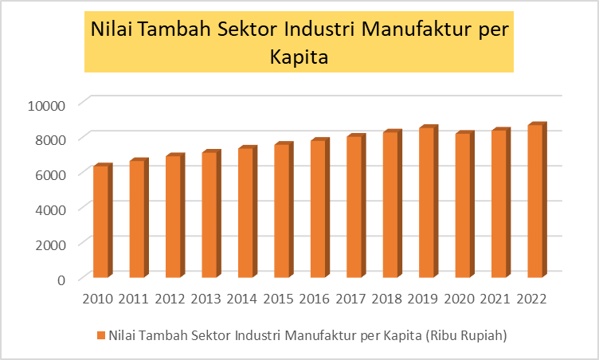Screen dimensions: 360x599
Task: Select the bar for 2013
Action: pyautogui.click(x=209, y=215)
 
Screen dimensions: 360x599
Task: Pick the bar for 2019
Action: pyautogui.click(x=426, y=202)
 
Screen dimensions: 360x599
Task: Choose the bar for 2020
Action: pyautogui.click(x=463, y=205)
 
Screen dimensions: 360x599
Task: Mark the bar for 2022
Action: pyautogui.click(x=534, y=201)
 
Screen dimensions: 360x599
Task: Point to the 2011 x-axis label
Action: pyautogui.click(x=134, y=299)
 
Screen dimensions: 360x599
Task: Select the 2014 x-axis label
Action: pyautogui.click(x=242, y=299)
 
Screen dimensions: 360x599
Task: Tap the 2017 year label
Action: pyautogui.click(x=351, y=299)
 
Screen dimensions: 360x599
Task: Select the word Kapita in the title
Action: pyautogui.click(x=299, y=57)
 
